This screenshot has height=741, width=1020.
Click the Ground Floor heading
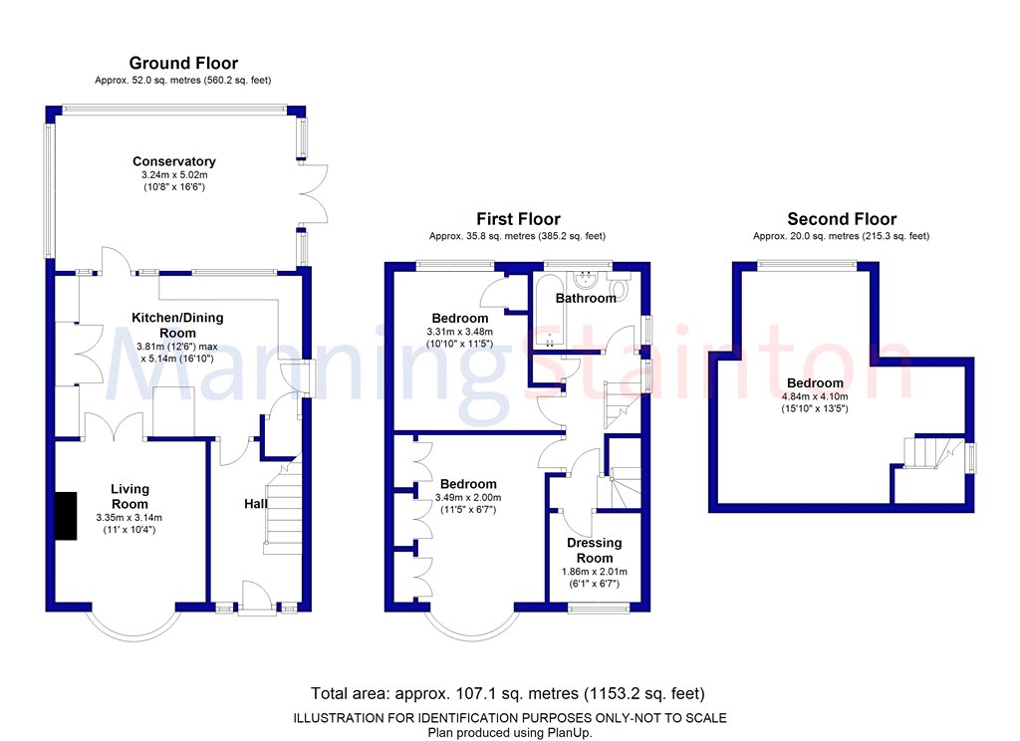pyautogui.click(x=183, y=64)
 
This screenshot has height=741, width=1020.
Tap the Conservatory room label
pyautogui.click(x=174, y=161)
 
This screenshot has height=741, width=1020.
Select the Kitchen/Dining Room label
pyautogui.click(x=178, y=325)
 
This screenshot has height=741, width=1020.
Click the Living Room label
pyautogui.click(x=129, y=496)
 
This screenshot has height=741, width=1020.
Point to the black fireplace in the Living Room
pyautogui.click(x=67, y=516)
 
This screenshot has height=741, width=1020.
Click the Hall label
pyautogui.click(x=256, y=504)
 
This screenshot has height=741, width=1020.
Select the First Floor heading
pyautogui.click(x=518, y=219)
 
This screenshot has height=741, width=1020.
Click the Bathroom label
pyautogui.click(x=586, y=298)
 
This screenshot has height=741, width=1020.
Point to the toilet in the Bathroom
pyautogui.click(x=621, y=289)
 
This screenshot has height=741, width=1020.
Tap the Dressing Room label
pyautogui.click(x=595, y=550)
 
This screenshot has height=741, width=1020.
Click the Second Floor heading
pyautogui.click(x=842, y=219)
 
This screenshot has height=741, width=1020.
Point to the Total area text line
pyautogui.click(x=509, y=693)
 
